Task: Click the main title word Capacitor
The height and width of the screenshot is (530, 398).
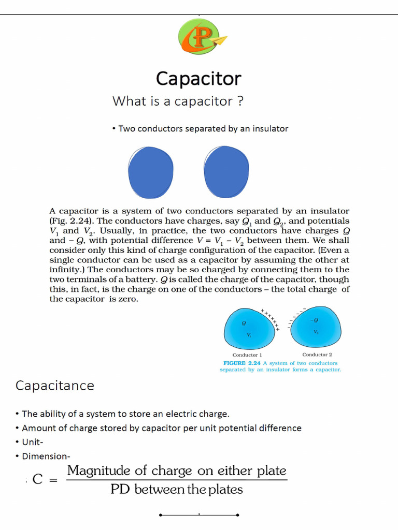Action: point(198,79)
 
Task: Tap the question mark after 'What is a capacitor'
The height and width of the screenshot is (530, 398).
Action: point(240,101)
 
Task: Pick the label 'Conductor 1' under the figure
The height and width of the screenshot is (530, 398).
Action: point(247,355)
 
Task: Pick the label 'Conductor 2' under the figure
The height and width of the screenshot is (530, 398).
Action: point(317,355)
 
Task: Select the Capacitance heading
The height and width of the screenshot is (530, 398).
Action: point(55,386)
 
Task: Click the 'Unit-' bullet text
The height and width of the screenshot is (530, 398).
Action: point(33,442)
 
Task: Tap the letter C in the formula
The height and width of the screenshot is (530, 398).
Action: point(37,479)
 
